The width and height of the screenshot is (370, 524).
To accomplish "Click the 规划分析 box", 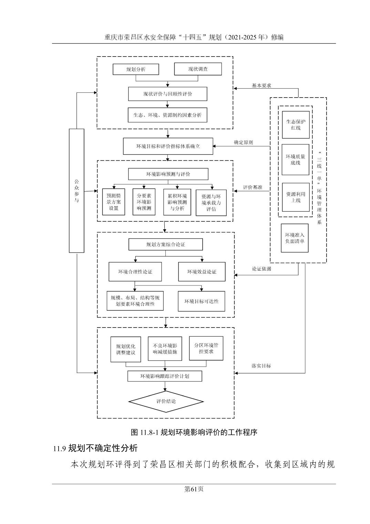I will point(136,69).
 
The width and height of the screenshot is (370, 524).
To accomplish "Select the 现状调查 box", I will point(198,69).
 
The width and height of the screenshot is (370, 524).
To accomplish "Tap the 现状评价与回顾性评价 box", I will point(167,94).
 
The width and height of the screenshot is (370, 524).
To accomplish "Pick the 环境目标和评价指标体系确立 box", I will point(168,146).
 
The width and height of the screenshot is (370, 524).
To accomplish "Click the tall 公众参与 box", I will point(76,191).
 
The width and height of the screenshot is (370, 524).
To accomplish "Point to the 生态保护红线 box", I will point(296,125).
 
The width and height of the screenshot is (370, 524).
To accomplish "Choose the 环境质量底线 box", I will point(295,160).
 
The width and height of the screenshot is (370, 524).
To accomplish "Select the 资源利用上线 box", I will point(296,197).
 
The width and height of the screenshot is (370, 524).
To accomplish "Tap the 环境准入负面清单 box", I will point(295,238).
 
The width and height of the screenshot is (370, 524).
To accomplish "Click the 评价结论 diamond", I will point(166,401).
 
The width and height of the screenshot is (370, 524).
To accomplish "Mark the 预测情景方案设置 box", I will point(114,202).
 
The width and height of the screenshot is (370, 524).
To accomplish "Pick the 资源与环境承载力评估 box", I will point(211,202).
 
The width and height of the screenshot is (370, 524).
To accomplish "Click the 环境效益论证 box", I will point(202,272).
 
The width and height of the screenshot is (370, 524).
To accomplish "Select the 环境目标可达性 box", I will point(201,301).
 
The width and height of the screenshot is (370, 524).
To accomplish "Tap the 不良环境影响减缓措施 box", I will point(165,349).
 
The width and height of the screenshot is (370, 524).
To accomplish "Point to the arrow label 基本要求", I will point(261,85).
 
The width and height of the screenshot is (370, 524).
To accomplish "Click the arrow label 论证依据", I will point(261,269).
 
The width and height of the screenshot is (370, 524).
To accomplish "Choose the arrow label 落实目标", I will point(261,366).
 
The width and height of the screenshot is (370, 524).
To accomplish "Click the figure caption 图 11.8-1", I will point(194,432).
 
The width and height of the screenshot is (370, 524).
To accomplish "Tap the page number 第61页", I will point(194,489).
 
